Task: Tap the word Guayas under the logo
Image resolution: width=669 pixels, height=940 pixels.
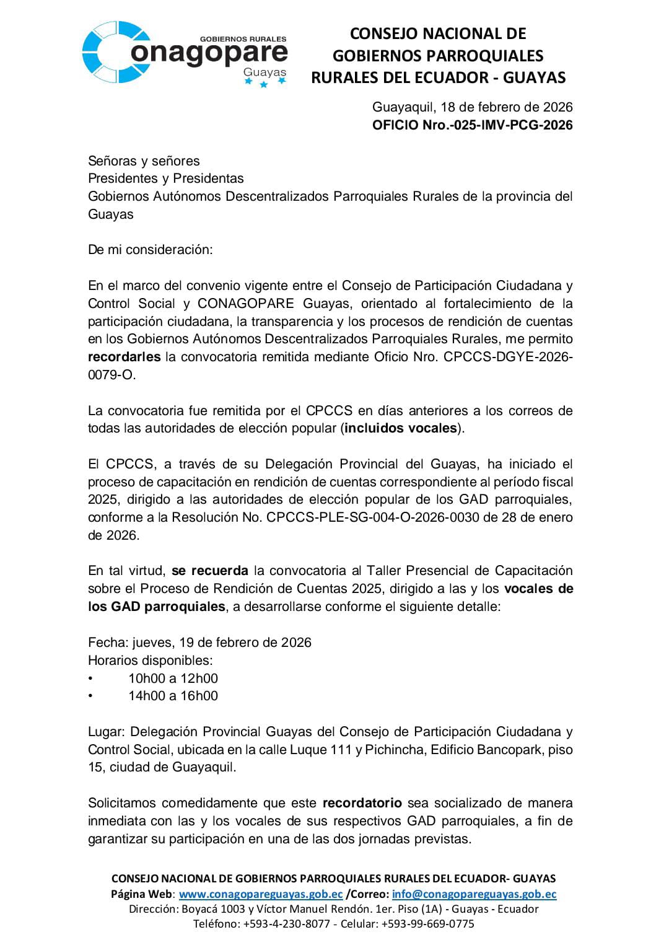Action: pyautogui.click(x=265, y=73)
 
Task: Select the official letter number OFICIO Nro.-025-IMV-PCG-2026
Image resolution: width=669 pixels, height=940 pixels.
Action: pyautogui.click(x=472, y=125)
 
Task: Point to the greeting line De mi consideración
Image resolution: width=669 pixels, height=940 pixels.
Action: pyautogui.click(x=150, y=250)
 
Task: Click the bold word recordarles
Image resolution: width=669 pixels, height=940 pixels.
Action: pyautogui.click(x=124, y=357)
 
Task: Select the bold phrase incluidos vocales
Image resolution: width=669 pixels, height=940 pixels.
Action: pyautogui.click(x=401, y=428)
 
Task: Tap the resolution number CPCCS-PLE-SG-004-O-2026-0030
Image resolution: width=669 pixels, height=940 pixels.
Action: pyautogui.click(x=372, y=517)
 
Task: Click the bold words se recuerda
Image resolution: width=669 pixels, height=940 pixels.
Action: pyautogui.click(x=210, y=571)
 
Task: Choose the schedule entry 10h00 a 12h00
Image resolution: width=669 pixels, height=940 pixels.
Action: pyautogui.click(x=173, y=679)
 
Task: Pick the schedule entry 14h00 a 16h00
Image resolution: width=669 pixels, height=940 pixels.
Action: pyautogui.click(x=173, y=696)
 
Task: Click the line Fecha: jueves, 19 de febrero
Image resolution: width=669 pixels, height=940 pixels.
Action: pyautogui.click(x=199, y=643)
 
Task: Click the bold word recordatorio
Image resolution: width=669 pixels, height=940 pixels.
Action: pyautogui.click(x=362, y=803)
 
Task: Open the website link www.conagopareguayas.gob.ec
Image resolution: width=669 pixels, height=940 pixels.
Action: pyautogui.click(x=261, y=894)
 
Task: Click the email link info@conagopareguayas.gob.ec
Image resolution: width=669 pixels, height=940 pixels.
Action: pyautogui.click(x=474, y=894)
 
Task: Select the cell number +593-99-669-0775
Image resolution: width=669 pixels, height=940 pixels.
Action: pyautogui.click(x=427, y=924)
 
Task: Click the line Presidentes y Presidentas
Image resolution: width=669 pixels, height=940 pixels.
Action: pyautogui.click(x=166, y=178)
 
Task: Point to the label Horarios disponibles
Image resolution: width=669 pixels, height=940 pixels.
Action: pyautogui.click(x=150, y=661)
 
